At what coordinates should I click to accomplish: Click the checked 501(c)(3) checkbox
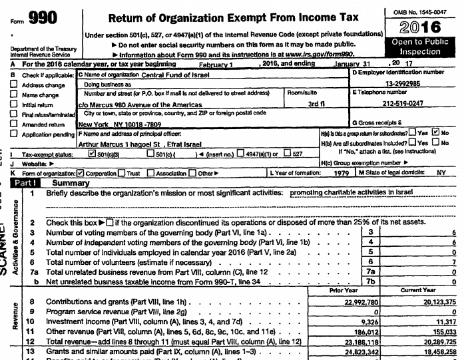[x=93, y=152]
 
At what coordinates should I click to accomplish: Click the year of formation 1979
[x=341, y=172]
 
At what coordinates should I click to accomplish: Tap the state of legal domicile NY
[x=440, y=172]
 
